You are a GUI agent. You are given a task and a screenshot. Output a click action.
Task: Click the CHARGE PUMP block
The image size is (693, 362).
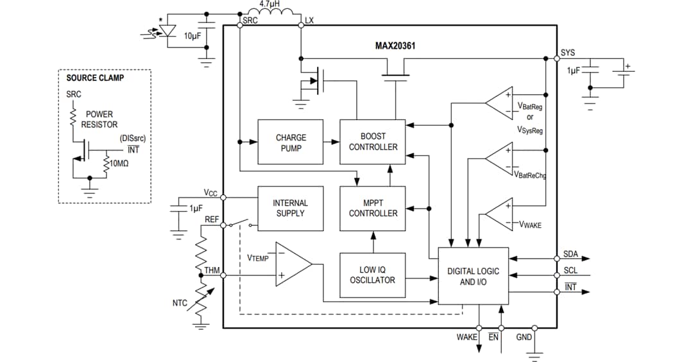click(291, 142)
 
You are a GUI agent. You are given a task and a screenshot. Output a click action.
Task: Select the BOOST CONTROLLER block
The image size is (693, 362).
click(372, 142)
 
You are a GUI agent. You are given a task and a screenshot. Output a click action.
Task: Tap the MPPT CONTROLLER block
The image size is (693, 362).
click(372, 208)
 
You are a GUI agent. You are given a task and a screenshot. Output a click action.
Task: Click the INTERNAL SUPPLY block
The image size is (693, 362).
click(291, 208)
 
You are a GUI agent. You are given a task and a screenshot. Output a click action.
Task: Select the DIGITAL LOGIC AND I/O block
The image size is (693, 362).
click(473, 276)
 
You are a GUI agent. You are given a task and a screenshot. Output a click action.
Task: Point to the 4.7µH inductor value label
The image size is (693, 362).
click(269, 4)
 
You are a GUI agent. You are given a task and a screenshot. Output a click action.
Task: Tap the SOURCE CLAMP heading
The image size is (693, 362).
click(95, 78)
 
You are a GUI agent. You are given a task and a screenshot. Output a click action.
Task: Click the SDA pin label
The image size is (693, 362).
click(570, 254)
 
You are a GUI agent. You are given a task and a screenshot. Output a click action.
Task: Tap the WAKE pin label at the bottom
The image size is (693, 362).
click(466, 337)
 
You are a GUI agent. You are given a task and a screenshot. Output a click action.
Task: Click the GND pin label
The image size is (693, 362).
click(524, 337)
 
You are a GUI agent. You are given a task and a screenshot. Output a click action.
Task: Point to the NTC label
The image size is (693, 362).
click(180, 302)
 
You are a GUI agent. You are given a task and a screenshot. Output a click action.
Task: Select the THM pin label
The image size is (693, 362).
click(212, 270)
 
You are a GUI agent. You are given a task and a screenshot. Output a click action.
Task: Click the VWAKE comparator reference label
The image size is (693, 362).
click(530, 225)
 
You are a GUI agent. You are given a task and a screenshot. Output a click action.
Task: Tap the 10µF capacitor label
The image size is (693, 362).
click(193, 36)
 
